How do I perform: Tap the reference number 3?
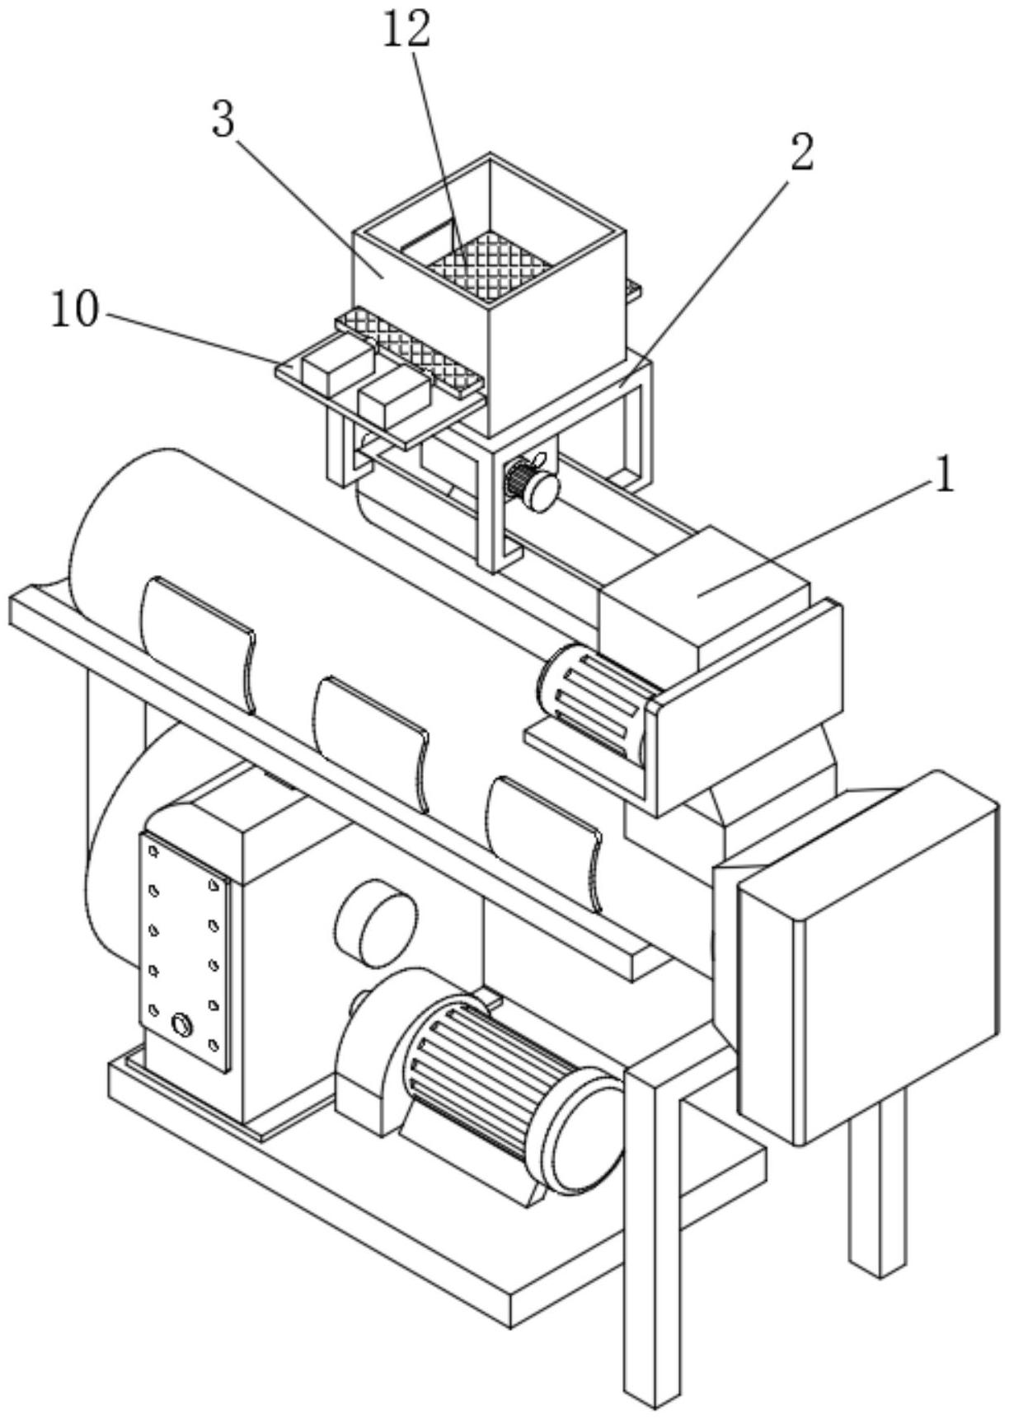tap(223, 121)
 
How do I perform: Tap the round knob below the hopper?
tap(544, 490)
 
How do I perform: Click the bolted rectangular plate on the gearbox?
tap(185, 952)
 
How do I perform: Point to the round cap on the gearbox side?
tap(376, 921)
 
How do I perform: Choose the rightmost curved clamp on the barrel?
tap(544, 841)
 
